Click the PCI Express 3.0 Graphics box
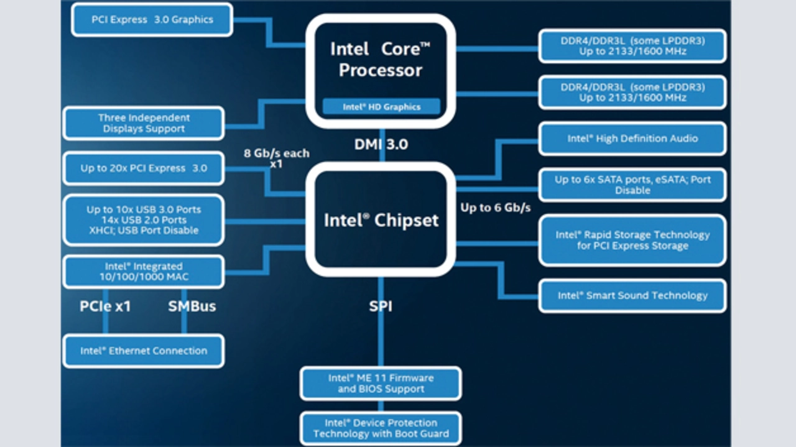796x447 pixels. [x=152, y=19]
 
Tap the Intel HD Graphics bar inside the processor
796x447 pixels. [x=381, y=107]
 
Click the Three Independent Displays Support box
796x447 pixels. [x=144, y=123]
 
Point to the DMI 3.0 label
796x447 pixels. [x=381, y=144]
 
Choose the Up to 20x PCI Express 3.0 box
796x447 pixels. [x=144, y=168]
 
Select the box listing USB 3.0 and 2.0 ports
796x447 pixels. [x=144, y=219]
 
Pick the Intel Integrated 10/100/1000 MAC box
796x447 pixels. [x=144, y=272]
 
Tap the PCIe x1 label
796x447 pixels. [x=105, y=306]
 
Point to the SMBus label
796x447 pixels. [x=192, y=306]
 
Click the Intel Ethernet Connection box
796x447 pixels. [x=144, y=351]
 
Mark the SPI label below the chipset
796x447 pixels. [x=381, y=306]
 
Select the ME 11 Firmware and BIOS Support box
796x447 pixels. [x=381, y=383]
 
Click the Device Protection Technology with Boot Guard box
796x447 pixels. [x=381, y=428]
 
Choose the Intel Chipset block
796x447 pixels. [x=381, y=219]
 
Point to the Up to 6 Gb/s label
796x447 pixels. [x=495, y=208]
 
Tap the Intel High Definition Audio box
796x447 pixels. [x=632, y=139]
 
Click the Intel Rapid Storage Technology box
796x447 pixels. [x=632, y=240]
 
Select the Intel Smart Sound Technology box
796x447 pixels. [x=632, y=295]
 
